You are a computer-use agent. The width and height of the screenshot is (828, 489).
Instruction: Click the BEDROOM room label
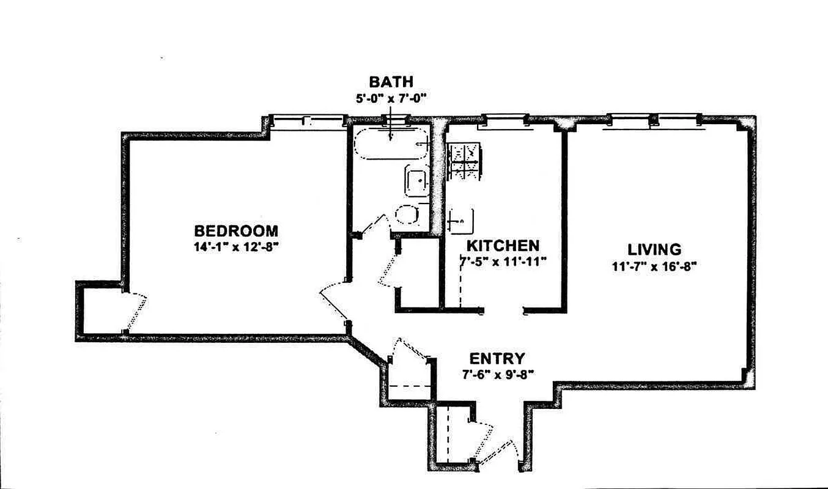click(x=235, y=231)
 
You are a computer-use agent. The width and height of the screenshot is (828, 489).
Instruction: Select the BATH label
click(x=391, y=82)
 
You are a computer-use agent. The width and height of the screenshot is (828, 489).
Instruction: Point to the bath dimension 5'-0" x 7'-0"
click(x=391, y=97)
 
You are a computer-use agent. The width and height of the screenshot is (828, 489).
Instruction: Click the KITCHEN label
click(x=503, y=246)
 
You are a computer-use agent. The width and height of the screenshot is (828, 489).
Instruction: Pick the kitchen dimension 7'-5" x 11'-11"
click(x=503, y=262)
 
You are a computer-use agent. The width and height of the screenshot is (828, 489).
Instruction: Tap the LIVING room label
click(x=654, y=249)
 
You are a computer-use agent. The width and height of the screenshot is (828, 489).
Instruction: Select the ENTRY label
click(x=497, y=359)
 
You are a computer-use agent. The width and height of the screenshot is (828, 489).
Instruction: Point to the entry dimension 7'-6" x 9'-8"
click(x=497, y=374)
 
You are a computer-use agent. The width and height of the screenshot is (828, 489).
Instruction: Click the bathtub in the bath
click(x=392, y=144)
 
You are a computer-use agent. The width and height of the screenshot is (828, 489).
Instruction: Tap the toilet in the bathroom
click(x=407, y=215)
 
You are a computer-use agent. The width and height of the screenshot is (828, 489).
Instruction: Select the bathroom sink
click(x=416, y=182)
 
